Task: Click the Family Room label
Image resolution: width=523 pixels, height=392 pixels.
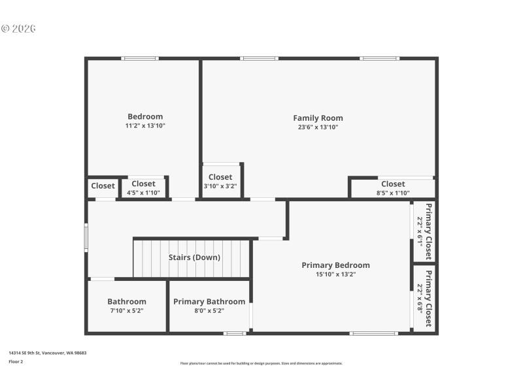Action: tap(318, 118)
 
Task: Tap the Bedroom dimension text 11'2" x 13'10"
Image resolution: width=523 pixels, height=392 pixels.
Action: tap(145, 125)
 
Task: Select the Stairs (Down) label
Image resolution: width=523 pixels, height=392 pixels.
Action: tap(194, 257)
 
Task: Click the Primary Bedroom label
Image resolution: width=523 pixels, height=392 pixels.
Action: tap(335, 265)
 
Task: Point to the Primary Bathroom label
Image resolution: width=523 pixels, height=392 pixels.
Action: tap(209, 302)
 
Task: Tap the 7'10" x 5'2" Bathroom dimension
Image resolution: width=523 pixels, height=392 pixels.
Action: tap(127, 311)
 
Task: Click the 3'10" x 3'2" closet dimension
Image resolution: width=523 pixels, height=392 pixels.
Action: tap(220, 186)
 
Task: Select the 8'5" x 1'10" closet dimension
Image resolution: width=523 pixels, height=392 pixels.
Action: tap(393, 193)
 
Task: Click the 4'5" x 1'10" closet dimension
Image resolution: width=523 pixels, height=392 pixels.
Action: tap(143, 193)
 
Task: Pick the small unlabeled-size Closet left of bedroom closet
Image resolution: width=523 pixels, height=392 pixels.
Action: tap(103, 186)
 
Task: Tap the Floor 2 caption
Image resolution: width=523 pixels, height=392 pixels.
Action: tap(16, 361)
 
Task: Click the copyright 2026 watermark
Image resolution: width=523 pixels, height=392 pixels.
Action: tap(18, 29)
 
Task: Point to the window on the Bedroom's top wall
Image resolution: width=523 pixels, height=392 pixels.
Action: tap(140, 59)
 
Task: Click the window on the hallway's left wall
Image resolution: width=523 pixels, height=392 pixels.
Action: tap(86, 237)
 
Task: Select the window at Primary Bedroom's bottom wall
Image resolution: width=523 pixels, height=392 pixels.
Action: tap(373, 333)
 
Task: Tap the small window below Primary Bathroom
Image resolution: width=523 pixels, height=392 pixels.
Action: tap(235, 333)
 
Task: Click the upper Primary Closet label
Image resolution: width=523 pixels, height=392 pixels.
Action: tap(429, 231)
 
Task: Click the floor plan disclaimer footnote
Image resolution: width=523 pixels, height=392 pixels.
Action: tap(261, 363)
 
